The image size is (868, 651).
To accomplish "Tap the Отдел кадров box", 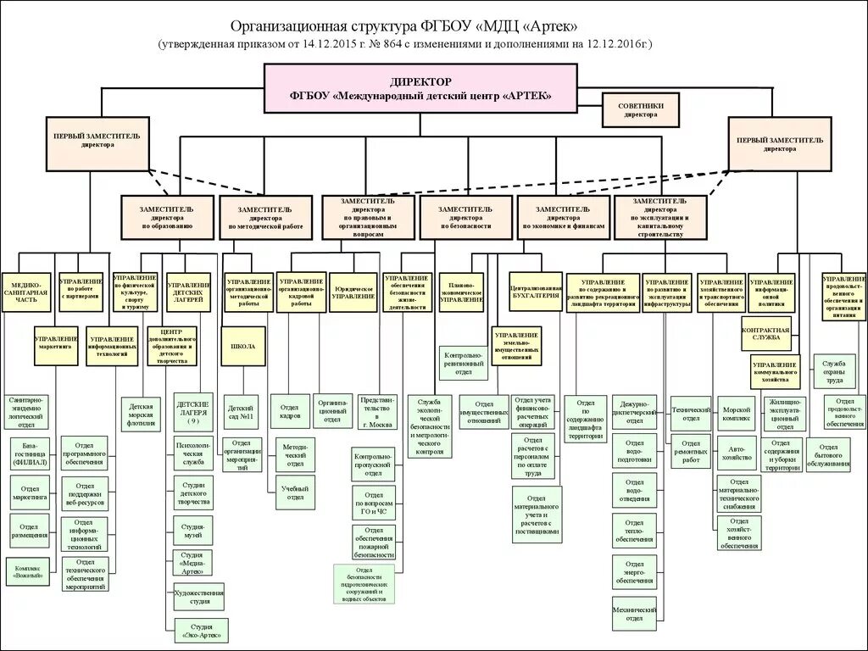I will (x=290, y=410).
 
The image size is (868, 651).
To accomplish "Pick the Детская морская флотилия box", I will (x=140, y=415).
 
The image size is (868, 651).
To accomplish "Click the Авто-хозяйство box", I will (x=735, y=453).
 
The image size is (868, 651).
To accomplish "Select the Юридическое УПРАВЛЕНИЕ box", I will (x=353, y=292).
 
